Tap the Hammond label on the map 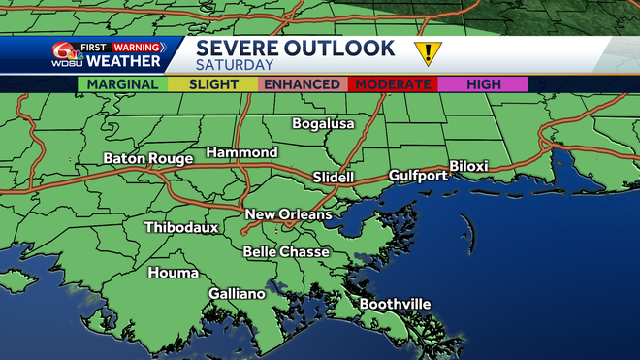pyautogui.click(x=241, y=153)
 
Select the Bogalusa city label pyautogui.click(x=324, y=124)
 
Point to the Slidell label pyautogui.click(x=334, y=178)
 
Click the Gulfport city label pyautogui.click(x=418, y=176)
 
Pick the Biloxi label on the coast pyautogui.click(x=468, y=166)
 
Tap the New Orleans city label pyautogui.click(x=288, y=214)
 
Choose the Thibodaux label pyautogui.click(x=181, y=228)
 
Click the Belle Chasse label pyautogui.click(x=286, y=252)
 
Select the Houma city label pyautogui.click(x=173, y=273)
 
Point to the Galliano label pyautogui.click(x=237, y=293)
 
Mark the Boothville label pyautogui.click(x=395, y=304)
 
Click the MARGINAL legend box pyautogui.click(x=122, y=84)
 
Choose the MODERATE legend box pyautogui.click(x=393, y=84)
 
